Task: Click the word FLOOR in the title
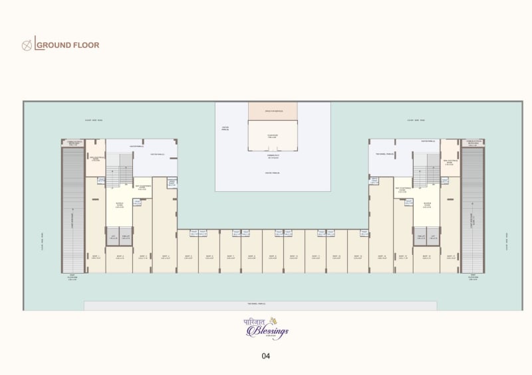click(x=86, y=45)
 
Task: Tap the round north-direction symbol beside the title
click(x=27, y=45)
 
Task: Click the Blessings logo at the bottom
click(x=265, y=328)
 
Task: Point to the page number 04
click(x=265, y=356)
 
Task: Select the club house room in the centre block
click(x=273, y=137)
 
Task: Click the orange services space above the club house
click(x=273, y=111)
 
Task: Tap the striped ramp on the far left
click(x=72, y=209)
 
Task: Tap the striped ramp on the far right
click(x=472, y=209)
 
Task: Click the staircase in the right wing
click(x=426, y=170)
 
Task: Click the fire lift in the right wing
click(x=420, y=236)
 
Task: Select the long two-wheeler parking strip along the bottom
click(x=260, y=305)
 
